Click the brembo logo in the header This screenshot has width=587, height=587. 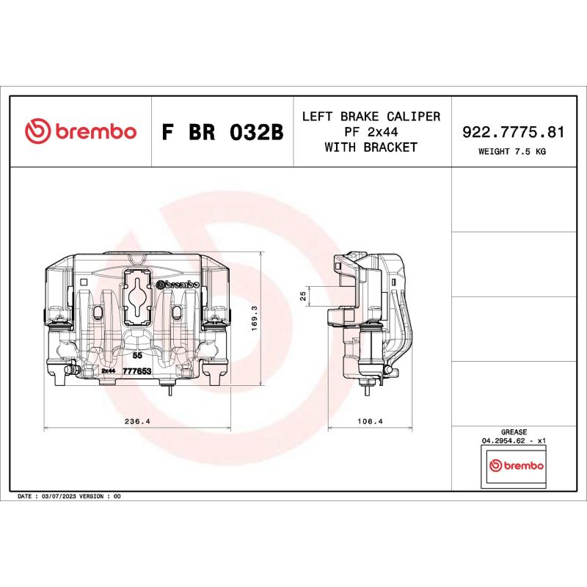pos(81,132)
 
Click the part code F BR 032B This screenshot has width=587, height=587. pos(221,133)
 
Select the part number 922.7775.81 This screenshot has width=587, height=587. pos(513,132)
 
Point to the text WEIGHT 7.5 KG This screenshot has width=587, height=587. pos(513,152)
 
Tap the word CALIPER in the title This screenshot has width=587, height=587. pos(415,117)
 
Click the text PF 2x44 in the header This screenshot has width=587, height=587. pos(371,132)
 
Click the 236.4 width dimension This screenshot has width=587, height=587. pos(138,422)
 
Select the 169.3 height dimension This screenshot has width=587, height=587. pos(254,320)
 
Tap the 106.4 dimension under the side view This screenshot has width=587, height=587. pos(370,422)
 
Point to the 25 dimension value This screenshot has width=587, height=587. pos(303,295)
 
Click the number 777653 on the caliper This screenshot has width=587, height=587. pos(136,372)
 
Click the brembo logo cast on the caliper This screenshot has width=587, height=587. pos(178,285)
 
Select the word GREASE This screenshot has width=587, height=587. pos(514,433)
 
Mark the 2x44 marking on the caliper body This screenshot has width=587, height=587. pos(109,372)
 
